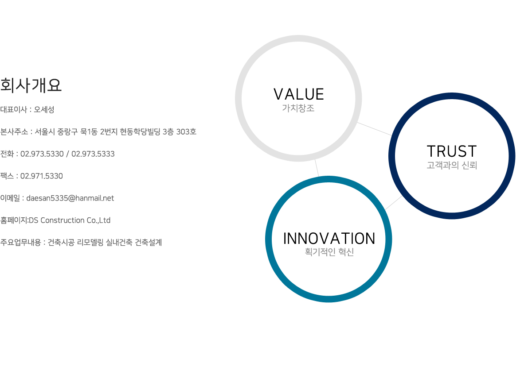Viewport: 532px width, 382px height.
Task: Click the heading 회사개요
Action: point(31,85)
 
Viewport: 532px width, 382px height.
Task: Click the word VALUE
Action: point(298,94)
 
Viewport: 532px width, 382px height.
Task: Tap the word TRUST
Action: point(452,151)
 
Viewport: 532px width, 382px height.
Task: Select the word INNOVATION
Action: point(329,238)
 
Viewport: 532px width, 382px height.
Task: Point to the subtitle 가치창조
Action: point(298,108)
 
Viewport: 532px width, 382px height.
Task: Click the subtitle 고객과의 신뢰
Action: point(452,165)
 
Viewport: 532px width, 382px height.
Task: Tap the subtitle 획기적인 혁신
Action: point(329,252)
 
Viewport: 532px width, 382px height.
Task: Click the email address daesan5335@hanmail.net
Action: point(70,198)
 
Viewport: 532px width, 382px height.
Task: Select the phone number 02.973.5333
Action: point(93,154)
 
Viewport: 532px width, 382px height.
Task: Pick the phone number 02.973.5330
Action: point(42,154)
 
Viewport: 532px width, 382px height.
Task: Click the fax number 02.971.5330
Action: point(42,176)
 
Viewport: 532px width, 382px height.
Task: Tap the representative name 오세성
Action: point(44,109)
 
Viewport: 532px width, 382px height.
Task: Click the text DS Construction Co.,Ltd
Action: point(70,220)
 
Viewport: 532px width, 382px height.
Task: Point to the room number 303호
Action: point(186,132)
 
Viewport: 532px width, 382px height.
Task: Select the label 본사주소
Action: point(14,132)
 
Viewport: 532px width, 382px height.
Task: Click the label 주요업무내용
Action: point(21,242)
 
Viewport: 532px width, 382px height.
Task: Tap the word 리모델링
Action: point(90,242)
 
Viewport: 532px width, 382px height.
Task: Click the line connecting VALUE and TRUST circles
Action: point(375,129)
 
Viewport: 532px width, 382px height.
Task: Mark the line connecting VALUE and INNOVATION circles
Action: point(317,168)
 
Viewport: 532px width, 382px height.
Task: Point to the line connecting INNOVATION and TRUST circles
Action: point(394,203)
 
